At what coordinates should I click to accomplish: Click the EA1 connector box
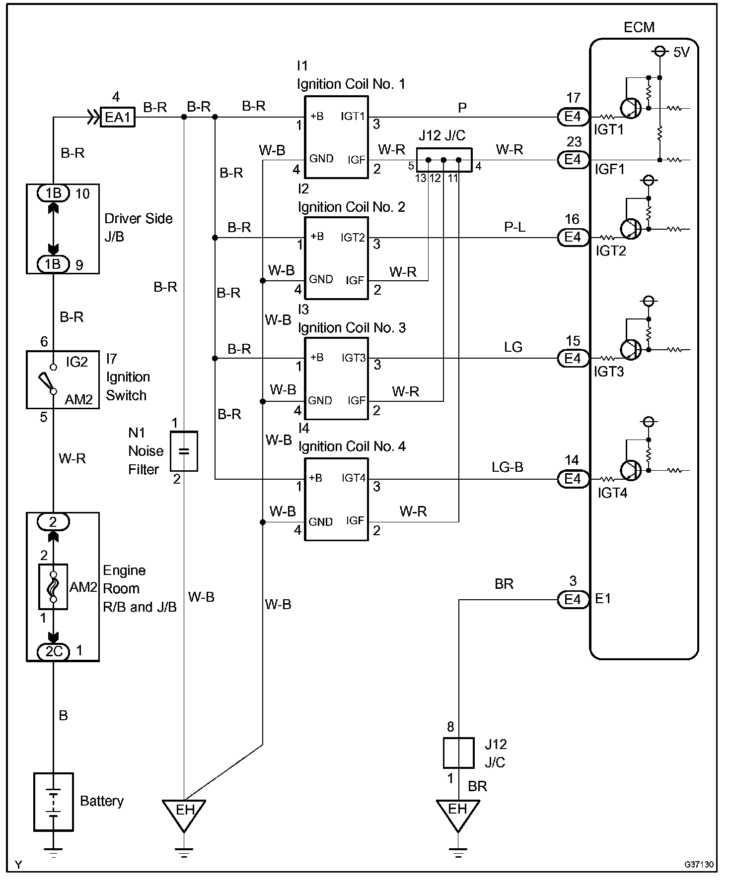click(118, 118)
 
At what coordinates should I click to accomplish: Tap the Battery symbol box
click(54, 802)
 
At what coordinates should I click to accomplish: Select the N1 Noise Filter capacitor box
click(184, 451)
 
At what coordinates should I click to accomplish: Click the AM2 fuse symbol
click(53, 587)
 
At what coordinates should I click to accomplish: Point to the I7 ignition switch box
click(63, 379)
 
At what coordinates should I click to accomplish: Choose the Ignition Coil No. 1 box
click(336, 137)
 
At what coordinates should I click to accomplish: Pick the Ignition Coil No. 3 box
click(336, 378)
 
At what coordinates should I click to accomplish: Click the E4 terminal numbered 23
click(573, 159)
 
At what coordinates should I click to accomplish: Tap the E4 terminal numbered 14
click(573, 479)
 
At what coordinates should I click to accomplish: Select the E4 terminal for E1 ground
click(573, 600)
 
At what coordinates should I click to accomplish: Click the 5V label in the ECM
click(681, 52)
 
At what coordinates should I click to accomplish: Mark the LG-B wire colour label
click(508, 467)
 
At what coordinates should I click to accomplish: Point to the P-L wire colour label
click(514, 227)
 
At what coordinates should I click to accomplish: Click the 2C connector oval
click(54, 651)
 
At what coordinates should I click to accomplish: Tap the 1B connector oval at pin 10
click(54, 193)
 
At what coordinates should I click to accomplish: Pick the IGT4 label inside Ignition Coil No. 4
click(353, 478)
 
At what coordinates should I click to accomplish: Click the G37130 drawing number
click(699, 865)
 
